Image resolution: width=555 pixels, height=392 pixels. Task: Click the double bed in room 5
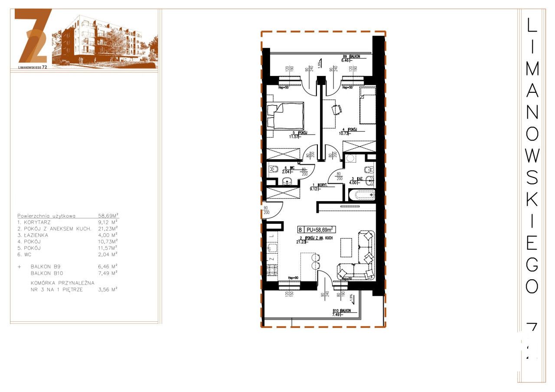click(285, 116)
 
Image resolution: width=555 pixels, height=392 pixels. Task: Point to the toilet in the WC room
click(274, 170)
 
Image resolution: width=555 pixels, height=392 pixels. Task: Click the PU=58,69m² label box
click(318, 230)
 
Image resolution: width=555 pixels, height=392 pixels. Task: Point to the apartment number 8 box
click(300, 230)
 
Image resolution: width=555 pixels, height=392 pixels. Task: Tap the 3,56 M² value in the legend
click(108, 288)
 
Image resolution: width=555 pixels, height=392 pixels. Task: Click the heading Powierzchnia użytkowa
click(46, 215)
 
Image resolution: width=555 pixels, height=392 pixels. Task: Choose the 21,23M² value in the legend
click(108, 228)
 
